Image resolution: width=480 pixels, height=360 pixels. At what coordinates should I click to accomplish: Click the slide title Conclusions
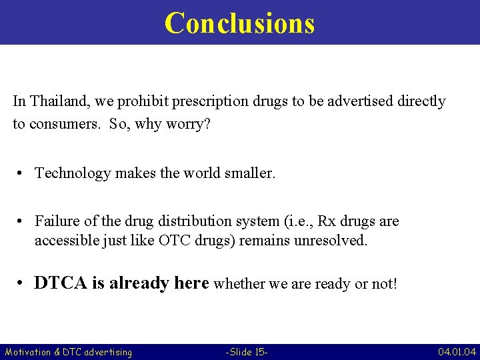coord(239,23)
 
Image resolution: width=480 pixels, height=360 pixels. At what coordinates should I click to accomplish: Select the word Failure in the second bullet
coord(57,221)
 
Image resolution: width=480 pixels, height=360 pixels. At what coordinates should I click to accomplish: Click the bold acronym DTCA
coord(61,283)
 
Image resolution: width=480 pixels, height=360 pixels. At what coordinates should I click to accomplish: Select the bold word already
coord(139,283)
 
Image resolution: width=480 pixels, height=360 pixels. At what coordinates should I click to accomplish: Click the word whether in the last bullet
coord(238,284)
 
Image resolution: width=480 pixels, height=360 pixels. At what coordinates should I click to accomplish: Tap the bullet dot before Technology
coord(22,173)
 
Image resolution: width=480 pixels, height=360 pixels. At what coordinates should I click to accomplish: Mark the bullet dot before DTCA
coord(22,283)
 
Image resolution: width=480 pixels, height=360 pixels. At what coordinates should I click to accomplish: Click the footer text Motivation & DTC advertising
coord(68,351)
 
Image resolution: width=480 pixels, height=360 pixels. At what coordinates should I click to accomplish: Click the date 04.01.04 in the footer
coord(457,351)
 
